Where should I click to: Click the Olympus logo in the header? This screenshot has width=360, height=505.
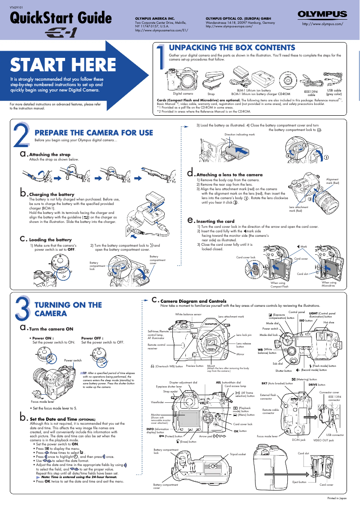pyautogui.click(x=322, y=15)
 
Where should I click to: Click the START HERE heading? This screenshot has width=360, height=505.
pyautogui.click(x=57, y=65)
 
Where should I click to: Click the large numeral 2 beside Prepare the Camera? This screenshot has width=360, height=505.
pyautogui.click(x=21, y=134)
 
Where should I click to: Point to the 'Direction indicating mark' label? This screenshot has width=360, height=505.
pyautogui.click(x=239, y=134)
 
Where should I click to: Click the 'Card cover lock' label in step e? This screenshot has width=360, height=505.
pyautogui.click(x=246, y=257)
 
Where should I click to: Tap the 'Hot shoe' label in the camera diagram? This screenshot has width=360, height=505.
pyautogui.click(x=329, y=322)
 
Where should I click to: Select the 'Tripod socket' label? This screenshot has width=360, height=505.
pyautogui.click(x=238, y=454)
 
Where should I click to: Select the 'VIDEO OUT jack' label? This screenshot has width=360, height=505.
pyautogui.click(x=323, y=440)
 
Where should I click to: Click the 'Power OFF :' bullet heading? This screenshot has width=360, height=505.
pyautogui.click(x=92, y=338)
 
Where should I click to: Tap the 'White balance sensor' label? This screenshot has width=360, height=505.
pyautogui.click(x=189, y=314)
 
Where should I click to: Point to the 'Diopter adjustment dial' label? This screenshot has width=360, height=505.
pyautogui.click(x=183, y=382)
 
